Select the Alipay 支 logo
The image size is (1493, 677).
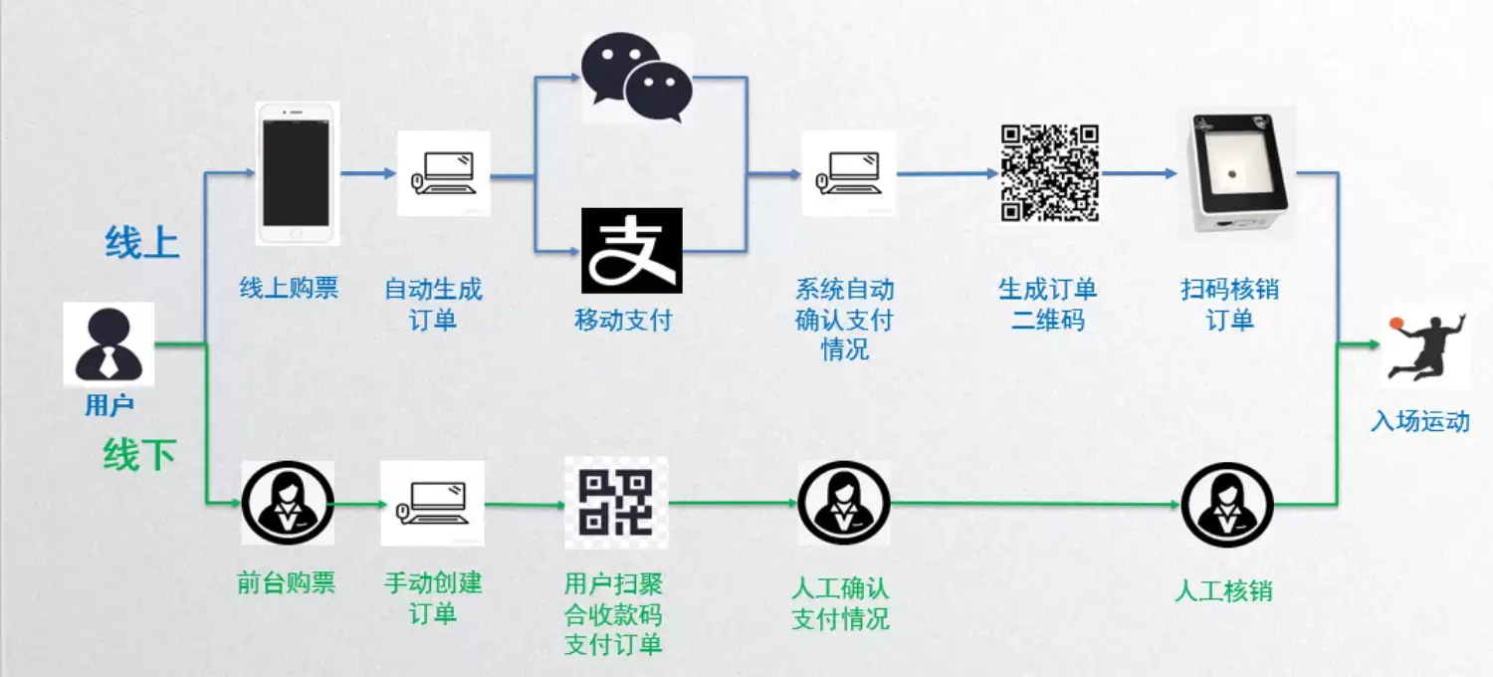631,250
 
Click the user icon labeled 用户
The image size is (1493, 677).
108,343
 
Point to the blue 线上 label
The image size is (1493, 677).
142,242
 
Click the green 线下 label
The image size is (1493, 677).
139,455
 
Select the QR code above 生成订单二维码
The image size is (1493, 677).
1049,172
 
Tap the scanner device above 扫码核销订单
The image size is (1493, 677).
1236,171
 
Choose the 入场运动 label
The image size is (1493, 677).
1420,421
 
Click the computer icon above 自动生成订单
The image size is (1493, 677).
444,173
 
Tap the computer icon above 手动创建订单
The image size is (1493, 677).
433,503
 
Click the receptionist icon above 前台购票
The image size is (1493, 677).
288,503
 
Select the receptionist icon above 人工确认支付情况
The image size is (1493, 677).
844,503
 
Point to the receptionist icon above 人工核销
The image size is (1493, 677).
1227,503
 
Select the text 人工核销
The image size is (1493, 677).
1223,590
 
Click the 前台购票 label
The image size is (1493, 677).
287,583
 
